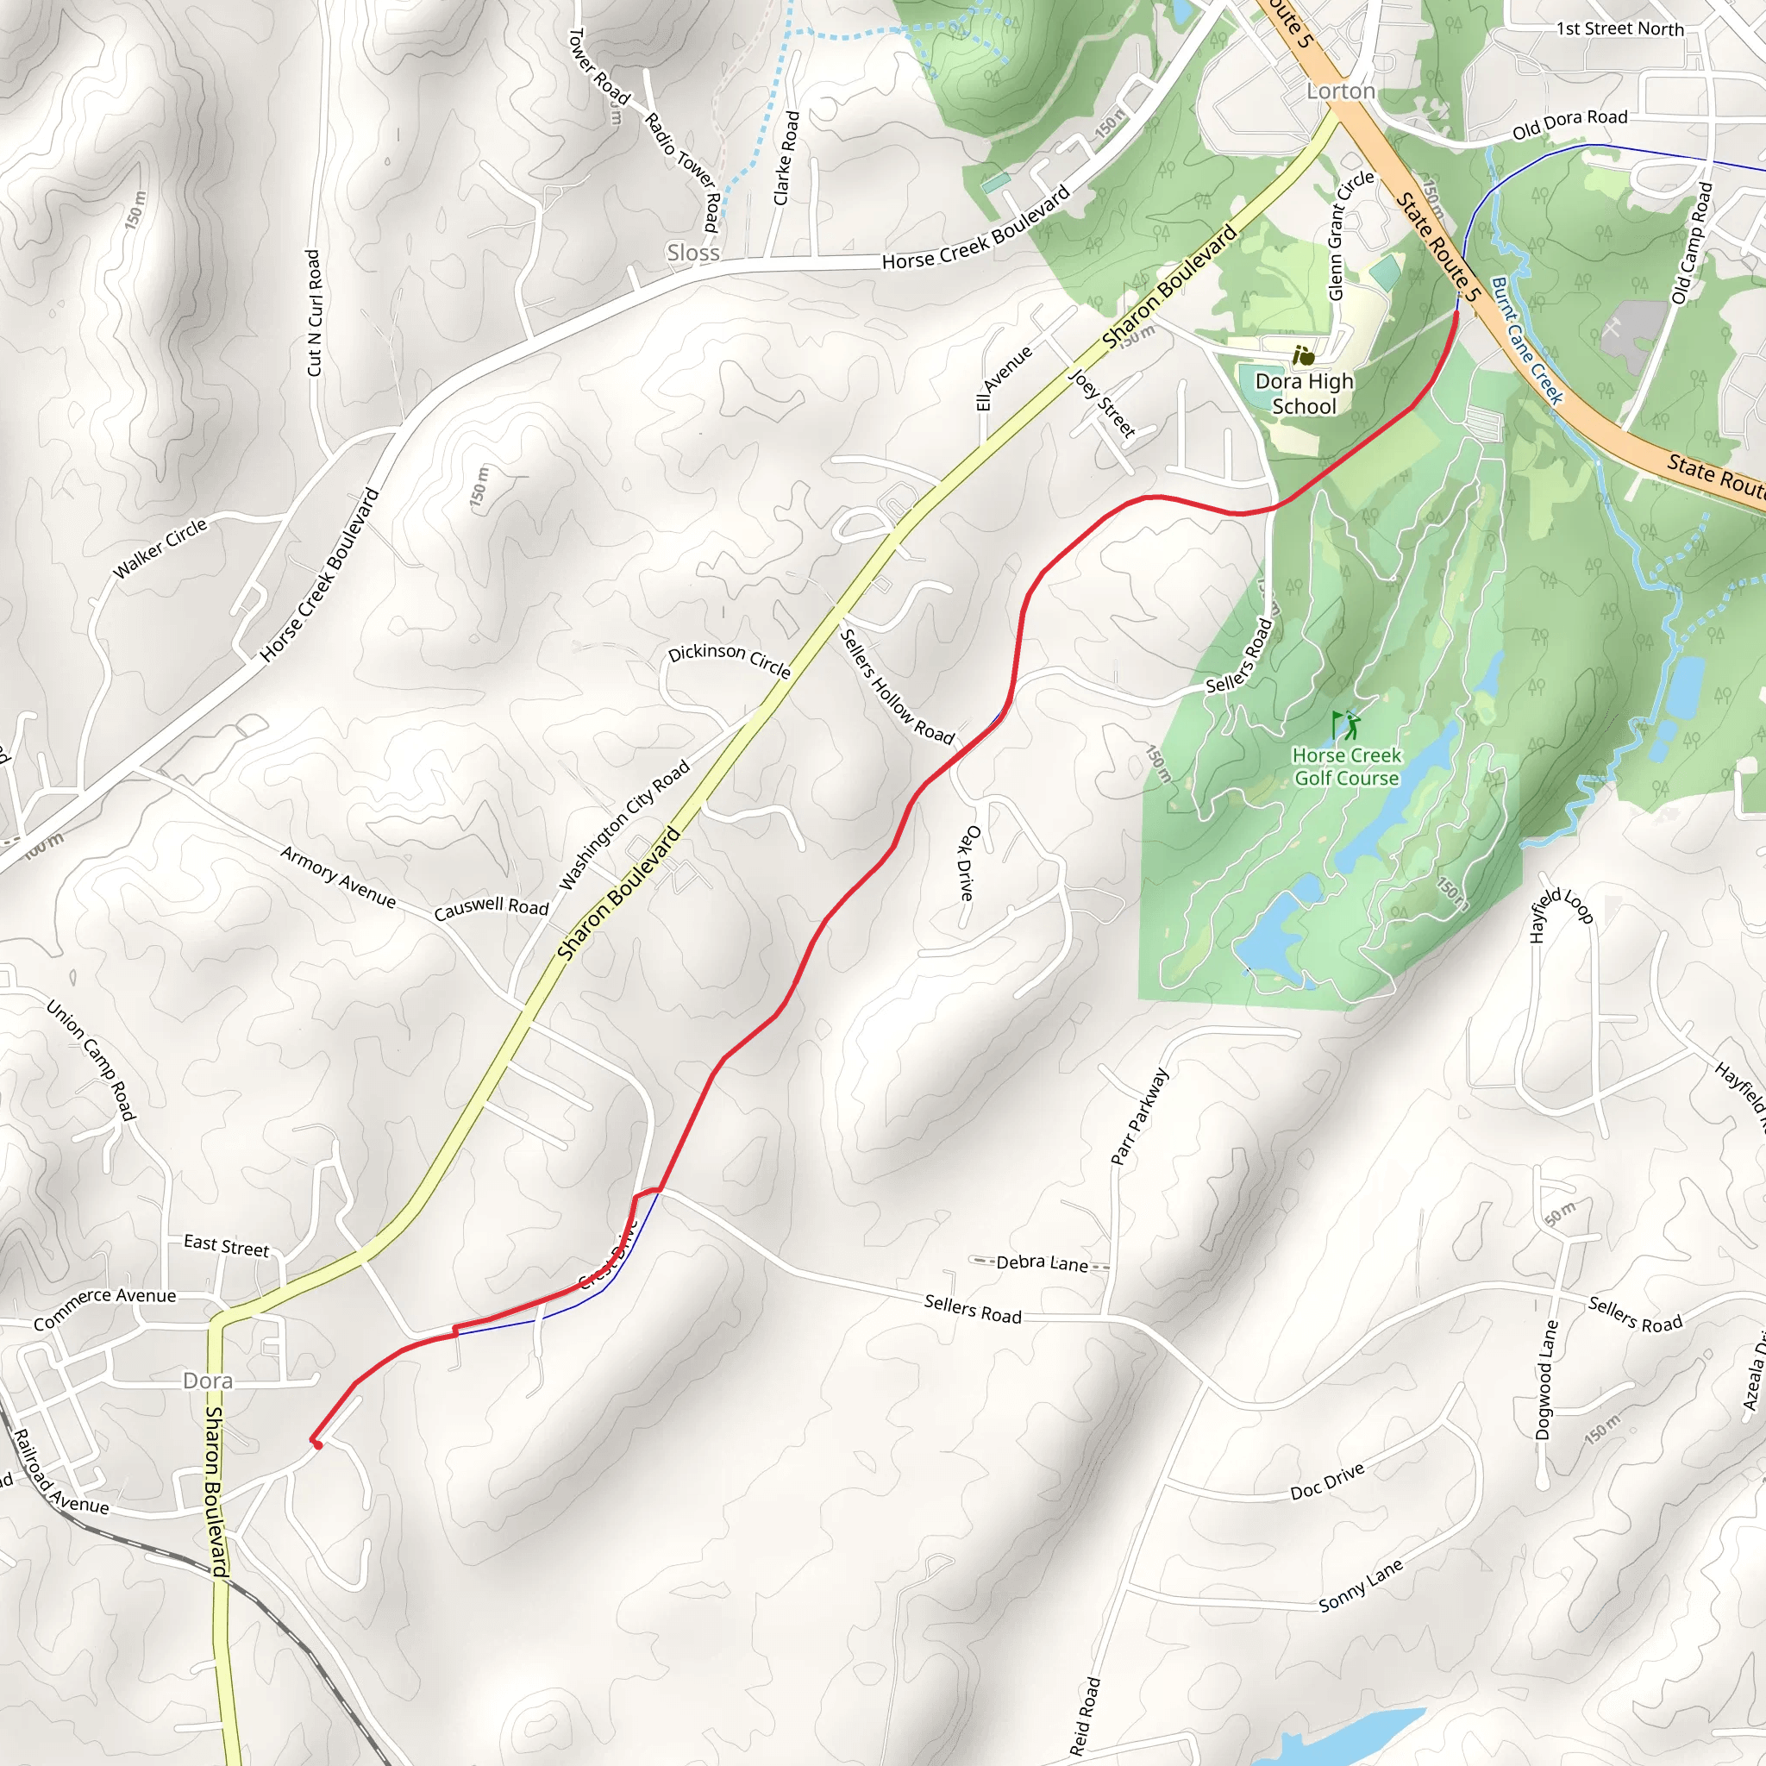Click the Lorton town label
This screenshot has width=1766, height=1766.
pos(1340,91)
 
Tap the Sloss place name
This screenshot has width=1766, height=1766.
pos(693,253)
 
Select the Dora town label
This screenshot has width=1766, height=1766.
pos(208,1381)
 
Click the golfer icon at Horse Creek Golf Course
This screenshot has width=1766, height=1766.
pos(1344,727)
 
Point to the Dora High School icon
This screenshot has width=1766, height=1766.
pos(1304,355)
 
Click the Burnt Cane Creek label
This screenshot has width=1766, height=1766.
pos(1526,340)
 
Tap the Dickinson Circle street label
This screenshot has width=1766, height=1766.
pos(729,658)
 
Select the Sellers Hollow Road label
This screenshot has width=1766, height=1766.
pos(896,686)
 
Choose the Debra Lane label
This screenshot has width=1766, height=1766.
pos(1041,1263)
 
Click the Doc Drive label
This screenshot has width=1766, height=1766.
pos(1327,1481)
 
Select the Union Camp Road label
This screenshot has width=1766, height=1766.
pos(91,1061)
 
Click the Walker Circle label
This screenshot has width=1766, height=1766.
pos(160,548)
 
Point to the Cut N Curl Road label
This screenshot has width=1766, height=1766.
pos(314,313)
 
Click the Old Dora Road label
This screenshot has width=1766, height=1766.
pos(1569,124)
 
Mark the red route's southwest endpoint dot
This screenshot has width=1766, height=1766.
pos(317,1445)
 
